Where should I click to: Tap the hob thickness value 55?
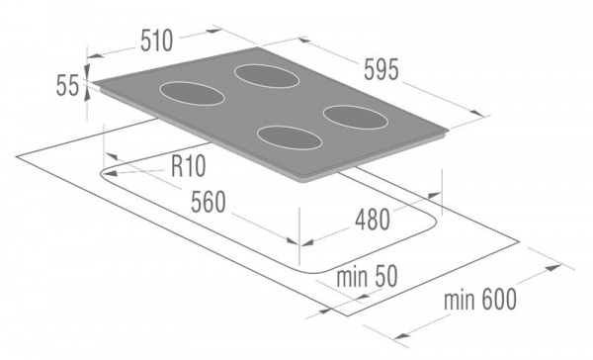pyautogui.click(x=67, y=87)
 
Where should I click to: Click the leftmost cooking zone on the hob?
pyautogui.click(x=191, y=94)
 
